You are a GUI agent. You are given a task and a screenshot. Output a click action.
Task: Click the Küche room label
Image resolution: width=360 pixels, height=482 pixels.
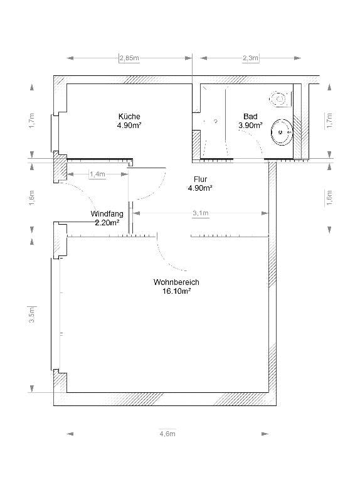point(129,117)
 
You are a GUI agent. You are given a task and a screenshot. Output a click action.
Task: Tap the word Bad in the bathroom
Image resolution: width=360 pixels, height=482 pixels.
point(250,117)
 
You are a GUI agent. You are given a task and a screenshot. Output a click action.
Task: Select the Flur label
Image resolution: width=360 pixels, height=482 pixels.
point(200,179)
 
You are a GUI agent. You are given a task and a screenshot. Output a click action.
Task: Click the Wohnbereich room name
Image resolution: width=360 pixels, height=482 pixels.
point(176,282)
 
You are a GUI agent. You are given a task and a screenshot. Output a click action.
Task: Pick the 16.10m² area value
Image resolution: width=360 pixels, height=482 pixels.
point(176,291)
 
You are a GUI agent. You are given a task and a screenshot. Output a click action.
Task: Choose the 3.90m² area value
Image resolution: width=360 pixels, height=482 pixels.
point(250,126)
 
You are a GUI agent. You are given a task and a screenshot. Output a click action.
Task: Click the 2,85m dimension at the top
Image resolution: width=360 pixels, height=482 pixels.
point(129,58)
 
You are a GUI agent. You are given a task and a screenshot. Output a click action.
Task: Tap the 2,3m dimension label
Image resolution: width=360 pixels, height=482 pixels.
point(250,58)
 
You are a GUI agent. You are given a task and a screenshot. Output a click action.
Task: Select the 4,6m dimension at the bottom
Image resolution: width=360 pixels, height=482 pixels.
point(167,434)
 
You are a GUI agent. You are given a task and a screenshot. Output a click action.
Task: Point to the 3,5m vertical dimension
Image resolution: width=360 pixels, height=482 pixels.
point(32,314)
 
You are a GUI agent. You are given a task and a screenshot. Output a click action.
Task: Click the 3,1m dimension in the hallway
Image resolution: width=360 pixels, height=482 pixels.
point(200,214)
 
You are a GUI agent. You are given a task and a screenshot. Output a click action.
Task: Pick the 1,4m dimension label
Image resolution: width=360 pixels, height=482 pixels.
point(97,174)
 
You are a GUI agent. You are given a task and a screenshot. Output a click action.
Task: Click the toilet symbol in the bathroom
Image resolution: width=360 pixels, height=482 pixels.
point(278,98)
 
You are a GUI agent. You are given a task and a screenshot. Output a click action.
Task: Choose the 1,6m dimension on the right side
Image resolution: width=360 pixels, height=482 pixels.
point(329,196)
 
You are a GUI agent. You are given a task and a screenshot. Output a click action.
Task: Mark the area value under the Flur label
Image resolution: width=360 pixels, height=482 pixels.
point(200,188)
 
